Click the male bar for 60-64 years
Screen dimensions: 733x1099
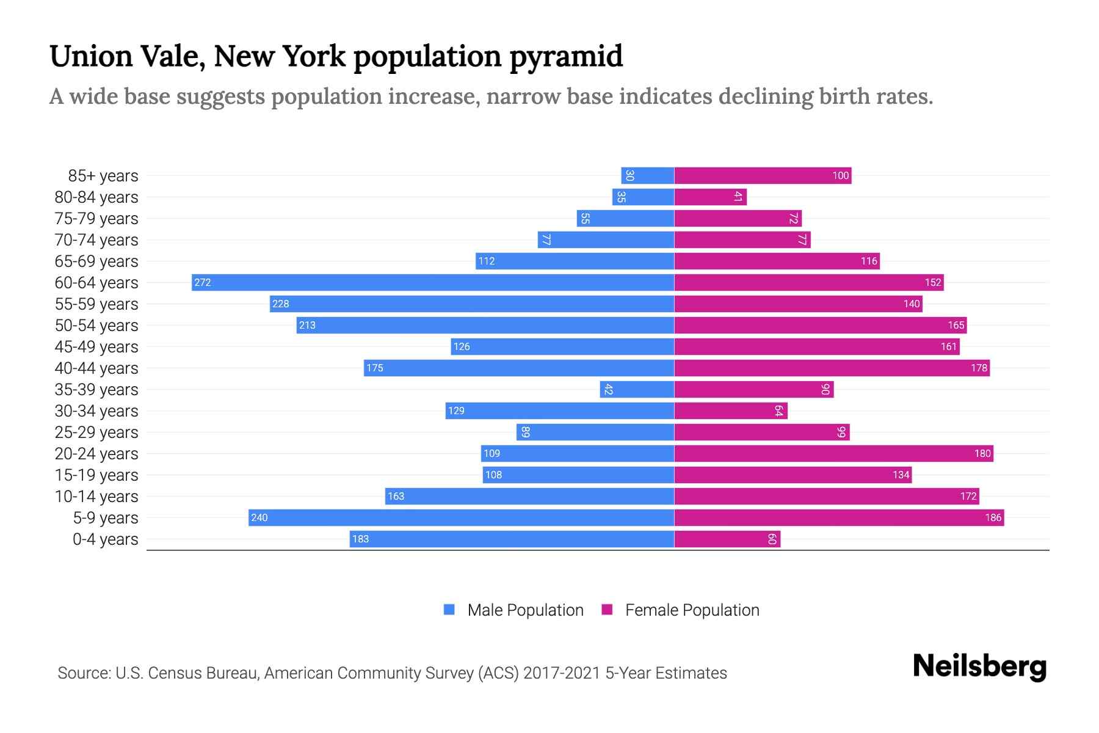click(432, 282)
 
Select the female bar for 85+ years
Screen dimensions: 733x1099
click(763, 176)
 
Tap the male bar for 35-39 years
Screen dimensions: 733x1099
click(637, 390)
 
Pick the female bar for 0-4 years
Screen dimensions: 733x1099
click(727, 539)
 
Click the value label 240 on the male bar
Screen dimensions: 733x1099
click(259, 518)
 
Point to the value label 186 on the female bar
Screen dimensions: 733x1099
click(993, 518)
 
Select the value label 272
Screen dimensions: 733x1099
click(203, 282)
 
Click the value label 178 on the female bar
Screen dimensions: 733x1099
click(979, 368)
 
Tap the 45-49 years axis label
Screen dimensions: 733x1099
click(96, 347)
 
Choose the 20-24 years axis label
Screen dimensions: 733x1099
click(96, 454)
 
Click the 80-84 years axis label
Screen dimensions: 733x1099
click(96, 197)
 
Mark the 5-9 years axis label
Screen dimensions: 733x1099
click(106, 518)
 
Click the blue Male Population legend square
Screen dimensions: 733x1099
click(449, 610)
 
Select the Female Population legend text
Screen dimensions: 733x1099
click(692, 610)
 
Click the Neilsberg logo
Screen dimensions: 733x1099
click(979, 666)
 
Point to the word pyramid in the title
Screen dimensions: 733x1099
click(566, 57)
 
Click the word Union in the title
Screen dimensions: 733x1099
click(91, 57)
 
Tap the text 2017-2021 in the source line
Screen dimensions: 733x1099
click(562, 673)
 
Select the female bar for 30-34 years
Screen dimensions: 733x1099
click(731, 411)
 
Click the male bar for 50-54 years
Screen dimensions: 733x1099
click(485, 325)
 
